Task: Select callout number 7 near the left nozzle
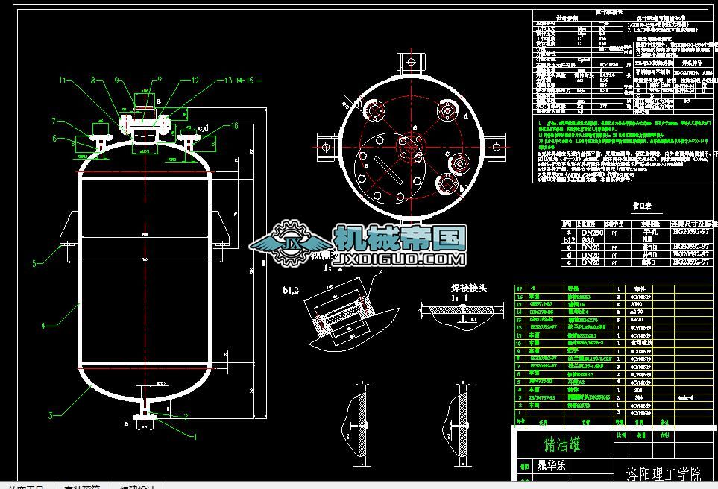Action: point(54,120)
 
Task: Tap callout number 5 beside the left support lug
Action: point(34,263)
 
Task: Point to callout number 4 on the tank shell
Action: point(44,325)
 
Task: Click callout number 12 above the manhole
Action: point(195,80)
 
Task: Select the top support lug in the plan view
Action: point(407,62)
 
